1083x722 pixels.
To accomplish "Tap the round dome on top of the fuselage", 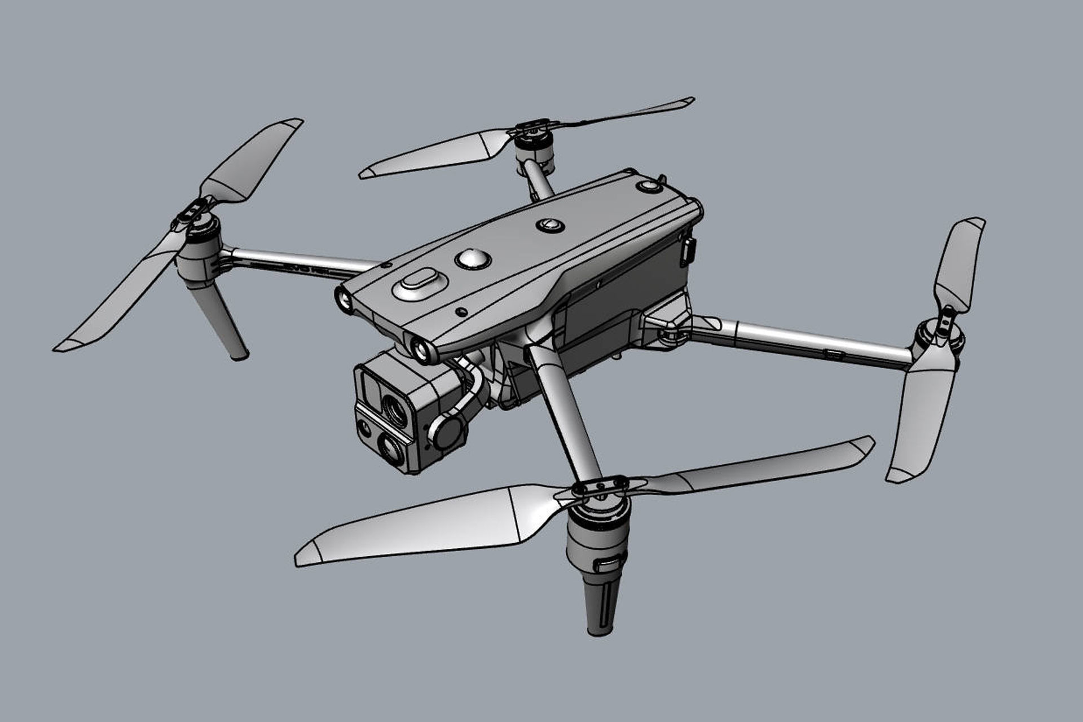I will click(x=473, y=259).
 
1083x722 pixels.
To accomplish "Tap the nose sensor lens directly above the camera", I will click(x=420, y=350).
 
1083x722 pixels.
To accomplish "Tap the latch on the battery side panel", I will click(x=689, y=252).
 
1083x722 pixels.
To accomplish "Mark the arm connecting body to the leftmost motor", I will click(x=299, y=263).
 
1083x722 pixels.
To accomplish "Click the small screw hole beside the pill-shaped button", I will click(x=461, y=311).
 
